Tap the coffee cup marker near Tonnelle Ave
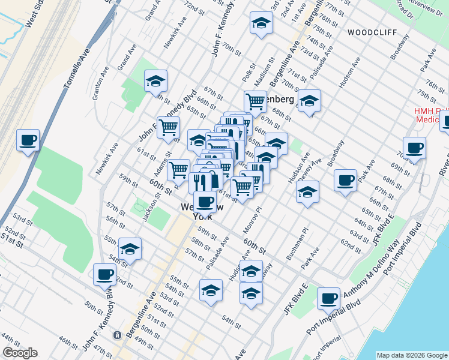point(28,141)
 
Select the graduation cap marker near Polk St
point(261,23)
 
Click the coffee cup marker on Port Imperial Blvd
point(328,298)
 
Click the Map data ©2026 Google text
point(412,355)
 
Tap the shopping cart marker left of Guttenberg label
point(256,101)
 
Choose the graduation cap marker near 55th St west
point(130,248)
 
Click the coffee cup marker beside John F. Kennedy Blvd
point(105,275)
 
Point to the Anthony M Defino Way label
point(373,272)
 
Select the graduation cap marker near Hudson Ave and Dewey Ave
point(307,191)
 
